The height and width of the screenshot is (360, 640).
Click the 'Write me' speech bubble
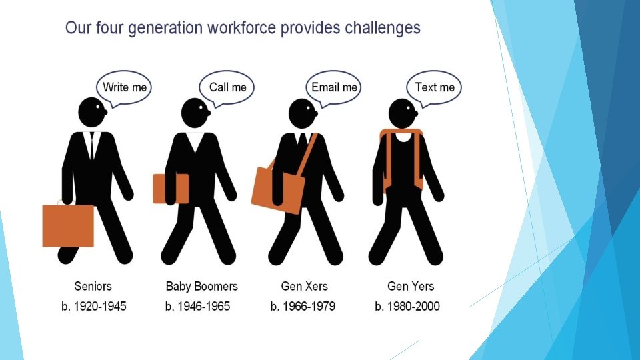[x=124, y=87]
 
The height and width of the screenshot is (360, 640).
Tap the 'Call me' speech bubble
[x=227, y=87]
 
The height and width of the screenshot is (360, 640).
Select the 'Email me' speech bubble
[x=334, y=87]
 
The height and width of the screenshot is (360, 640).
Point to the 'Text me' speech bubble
[x=434, y=87]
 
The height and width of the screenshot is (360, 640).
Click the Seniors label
[x=93, y=286]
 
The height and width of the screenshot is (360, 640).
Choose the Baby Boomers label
[x=201, y=286]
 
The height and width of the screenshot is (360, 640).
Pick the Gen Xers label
[x=305, y=286]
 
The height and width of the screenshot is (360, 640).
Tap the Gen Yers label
[x=411, y=286]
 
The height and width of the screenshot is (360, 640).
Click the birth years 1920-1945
[x=94, y=306]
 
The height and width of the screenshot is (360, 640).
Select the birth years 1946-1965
[x=197, y=306]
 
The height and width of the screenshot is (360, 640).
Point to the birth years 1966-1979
[x=303, y=306]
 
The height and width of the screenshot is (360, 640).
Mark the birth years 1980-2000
[x=407, y=306]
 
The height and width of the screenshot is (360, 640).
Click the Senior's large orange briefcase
[x=68, y=225]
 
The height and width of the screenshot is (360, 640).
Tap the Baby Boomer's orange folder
[x=171, y=189]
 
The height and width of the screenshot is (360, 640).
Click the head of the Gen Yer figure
[x=403, y=113]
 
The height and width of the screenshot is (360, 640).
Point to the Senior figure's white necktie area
[x=92, y=145]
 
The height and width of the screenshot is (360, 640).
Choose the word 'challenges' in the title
[x=383, y=28]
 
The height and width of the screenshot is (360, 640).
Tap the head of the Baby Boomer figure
[x=195, y=113]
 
